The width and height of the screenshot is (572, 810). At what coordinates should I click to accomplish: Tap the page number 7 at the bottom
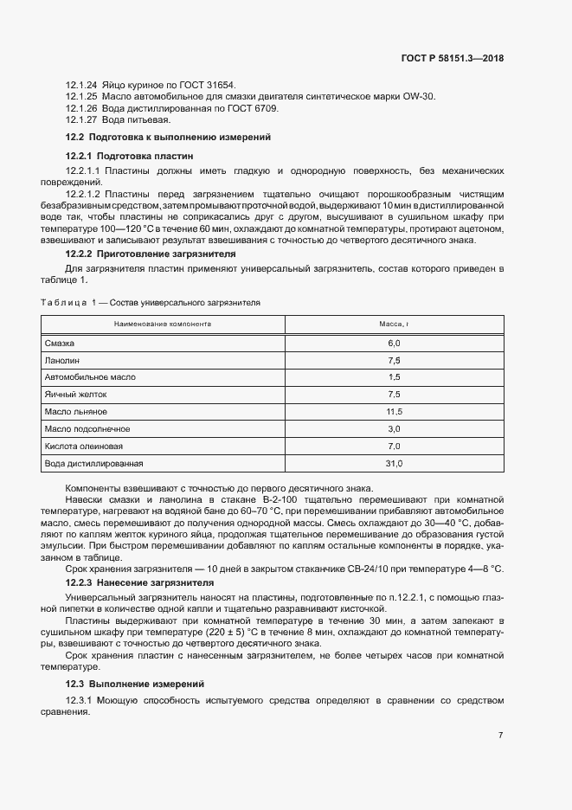[x=501, y=736]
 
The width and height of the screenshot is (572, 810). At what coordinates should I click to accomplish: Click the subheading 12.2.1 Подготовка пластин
[x=130, y=156]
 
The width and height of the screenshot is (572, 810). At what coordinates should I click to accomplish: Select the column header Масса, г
[x=394, y=325]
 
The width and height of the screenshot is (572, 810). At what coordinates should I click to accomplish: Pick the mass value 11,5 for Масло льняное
[x=394, y=412]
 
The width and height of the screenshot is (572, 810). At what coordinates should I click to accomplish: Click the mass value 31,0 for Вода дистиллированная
[x=394, y=464]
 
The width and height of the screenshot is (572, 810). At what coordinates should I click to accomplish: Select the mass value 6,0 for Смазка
[x=394, y=344]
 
